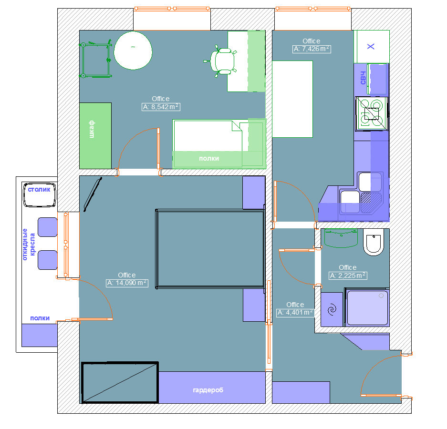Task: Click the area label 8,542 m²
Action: (161, 107)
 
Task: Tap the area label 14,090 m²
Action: (127, 283)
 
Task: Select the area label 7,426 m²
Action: (312, 49)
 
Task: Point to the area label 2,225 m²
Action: (347, 276)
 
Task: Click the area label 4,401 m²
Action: (295, 313)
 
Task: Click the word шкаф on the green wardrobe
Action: (92, 129)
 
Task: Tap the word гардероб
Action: (208, 390)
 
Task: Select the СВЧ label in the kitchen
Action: (363, 78)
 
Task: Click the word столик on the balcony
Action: (39, 189)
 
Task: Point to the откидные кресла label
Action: (29, 245)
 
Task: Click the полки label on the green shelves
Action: (209, 158)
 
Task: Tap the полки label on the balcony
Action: (40, 318)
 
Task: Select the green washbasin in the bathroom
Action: (341, 238)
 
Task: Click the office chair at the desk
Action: (221, 61)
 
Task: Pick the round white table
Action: (133, 51)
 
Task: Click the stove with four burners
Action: (372, 113)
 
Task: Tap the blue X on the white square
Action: (371, 46)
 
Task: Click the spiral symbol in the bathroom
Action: (332, 309)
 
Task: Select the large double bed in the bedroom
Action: (210, 249)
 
